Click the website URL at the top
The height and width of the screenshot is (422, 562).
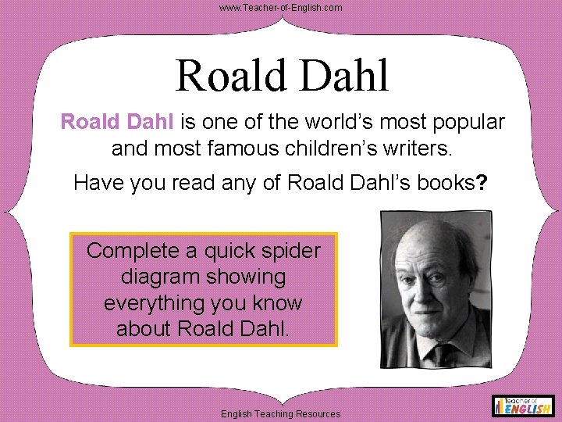(x=280, y=7)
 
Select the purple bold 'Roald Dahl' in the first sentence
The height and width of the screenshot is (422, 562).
(x=118, y=123)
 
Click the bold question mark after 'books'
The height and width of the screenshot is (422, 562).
(x=482, y=183)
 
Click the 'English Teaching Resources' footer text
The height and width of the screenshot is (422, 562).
(x=281, y=413)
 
